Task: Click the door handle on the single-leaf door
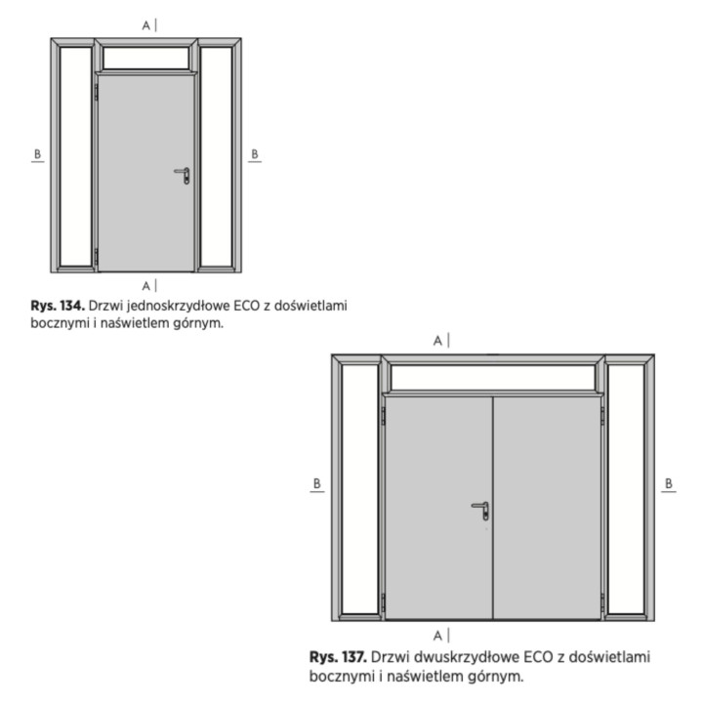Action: (183, 176)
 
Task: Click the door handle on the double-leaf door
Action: (480, 511)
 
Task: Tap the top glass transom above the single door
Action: (146, 58)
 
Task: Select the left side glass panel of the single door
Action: (76, 156)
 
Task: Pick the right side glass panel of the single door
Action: (216, 156)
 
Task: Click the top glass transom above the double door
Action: (493, 378)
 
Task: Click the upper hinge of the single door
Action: (96, 92)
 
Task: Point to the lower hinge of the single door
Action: (96, 256)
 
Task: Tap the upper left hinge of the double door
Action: (384, 416)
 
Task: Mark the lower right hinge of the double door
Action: (602, 602)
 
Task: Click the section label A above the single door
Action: (146, 26)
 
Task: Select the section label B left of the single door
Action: (38, 154)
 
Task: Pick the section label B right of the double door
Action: (669, 483)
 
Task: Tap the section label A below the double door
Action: (437, 636)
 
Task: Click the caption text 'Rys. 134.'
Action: (58, 306)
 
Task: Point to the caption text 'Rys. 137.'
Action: (338, 657)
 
